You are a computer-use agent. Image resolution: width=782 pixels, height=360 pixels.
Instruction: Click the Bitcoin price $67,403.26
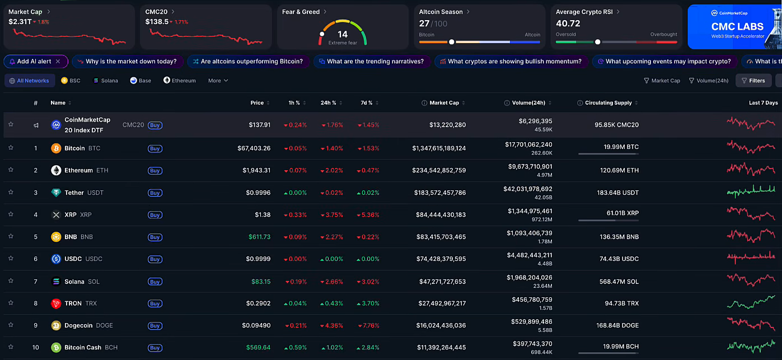coord(254,148)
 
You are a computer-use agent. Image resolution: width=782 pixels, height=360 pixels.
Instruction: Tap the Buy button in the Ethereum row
coord(155,171)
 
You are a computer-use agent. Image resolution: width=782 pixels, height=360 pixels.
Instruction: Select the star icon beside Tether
coord(11,192)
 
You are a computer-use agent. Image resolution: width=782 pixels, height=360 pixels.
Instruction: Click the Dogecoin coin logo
coord(56,325)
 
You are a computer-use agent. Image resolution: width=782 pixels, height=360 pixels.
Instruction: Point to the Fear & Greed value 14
coord(343,34)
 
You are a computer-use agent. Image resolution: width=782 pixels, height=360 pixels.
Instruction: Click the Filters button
coord(753,81)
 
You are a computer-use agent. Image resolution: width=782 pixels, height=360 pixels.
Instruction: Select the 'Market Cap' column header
coord(444,103)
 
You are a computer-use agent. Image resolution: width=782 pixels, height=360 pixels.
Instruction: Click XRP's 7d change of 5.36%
coord(370,215)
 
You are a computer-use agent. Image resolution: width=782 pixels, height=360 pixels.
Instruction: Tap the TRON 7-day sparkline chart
coord(751,303)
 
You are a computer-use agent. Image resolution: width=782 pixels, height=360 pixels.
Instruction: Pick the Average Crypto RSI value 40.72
coord(568,24)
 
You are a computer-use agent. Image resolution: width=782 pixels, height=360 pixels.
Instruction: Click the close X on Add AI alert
coord(58,62)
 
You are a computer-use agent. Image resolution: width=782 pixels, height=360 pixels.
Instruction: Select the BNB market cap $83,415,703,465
coord(441,237)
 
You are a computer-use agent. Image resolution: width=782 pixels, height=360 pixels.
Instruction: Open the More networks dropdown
coord(218,81)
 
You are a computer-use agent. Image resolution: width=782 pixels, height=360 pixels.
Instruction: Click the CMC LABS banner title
coord(737,26)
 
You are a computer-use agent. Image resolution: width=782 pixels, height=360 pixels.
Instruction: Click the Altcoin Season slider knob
coord(451,42)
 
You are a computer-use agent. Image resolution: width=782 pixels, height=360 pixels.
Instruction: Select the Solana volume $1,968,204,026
coord(529,278)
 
